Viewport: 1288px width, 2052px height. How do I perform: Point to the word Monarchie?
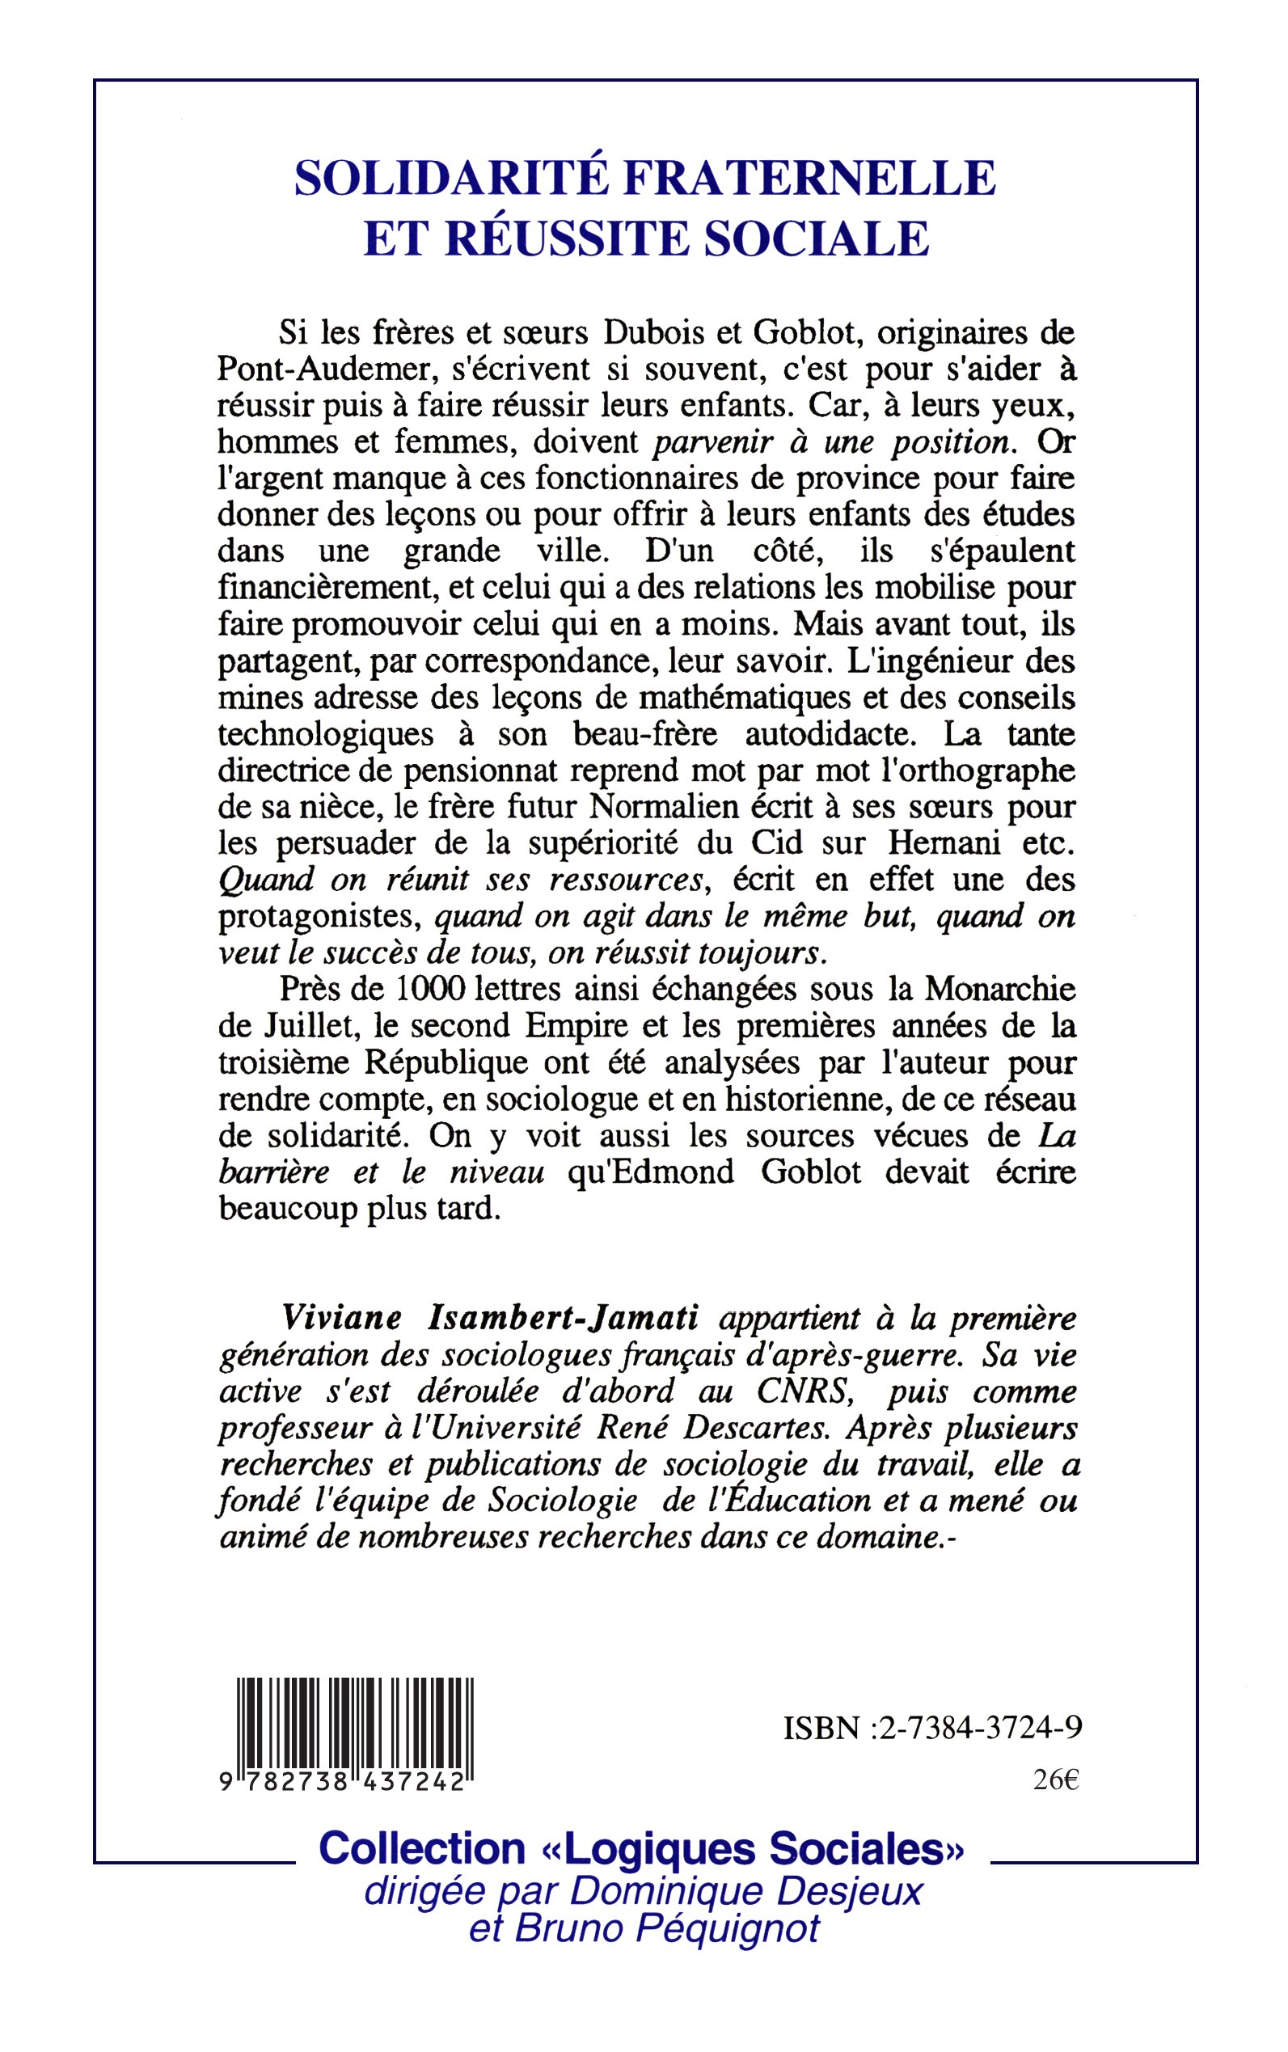(x=1000, y=989)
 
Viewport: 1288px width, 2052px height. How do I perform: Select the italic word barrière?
(x=273, y=1172)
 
